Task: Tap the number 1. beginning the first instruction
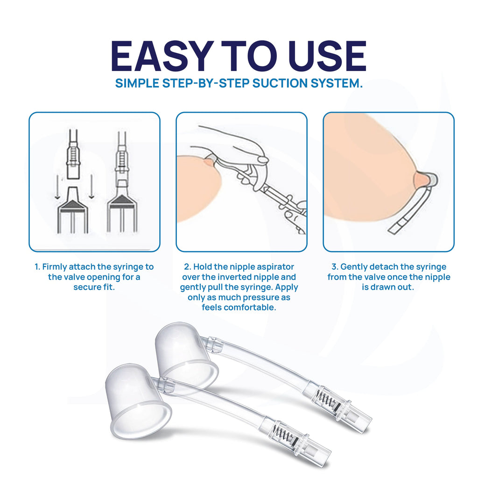point(37,267)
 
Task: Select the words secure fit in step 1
point(94,287)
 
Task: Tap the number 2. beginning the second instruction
point(187,267)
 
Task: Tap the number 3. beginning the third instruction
point(334,267)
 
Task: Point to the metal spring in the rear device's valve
point(323,397)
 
